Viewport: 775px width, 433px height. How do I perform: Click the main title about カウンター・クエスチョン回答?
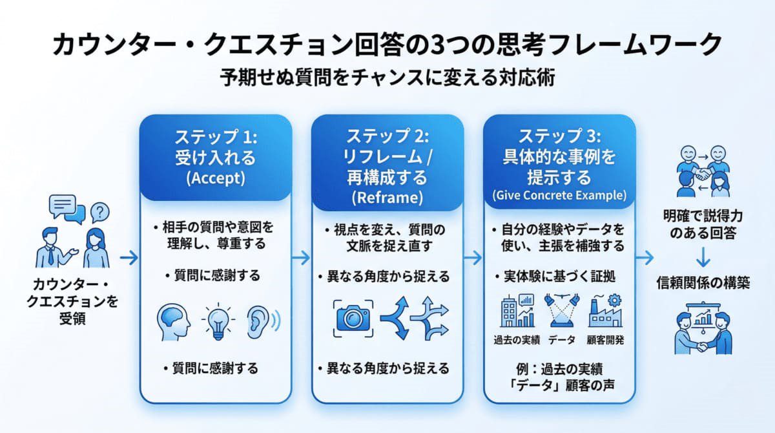387,45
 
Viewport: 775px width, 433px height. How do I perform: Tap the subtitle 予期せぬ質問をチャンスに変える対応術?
387,79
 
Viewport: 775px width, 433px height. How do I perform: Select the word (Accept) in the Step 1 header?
215,180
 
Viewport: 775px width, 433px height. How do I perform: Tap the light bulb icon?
216,319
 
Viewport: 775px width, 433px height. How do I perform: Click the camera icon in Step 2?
353,317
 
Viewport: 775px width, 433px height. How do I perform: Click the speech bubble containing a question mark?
99,211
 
